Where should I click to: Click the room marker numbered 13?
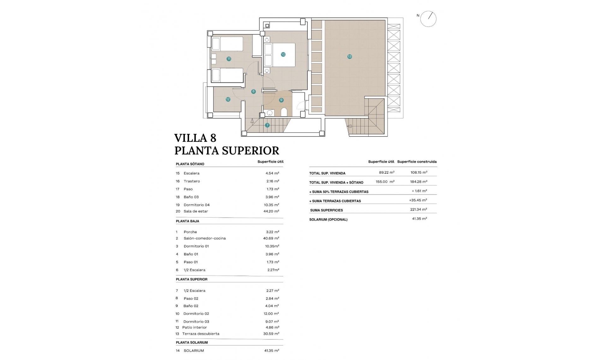[349, 57]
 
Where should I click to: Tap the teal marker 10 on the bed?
[283, 54]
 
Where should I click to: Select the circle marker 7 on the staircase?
[267, 125]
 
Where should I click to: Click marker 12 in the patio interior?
[228, 99]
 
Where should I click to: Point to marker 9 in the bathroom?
[281, 100]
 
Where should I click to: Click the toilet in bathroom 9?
[284, 112]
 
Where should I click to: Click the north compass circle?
[428, 19]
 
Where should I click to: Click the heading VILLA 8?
[195, 138]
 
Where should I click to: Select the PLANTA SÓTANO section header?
[190, 164]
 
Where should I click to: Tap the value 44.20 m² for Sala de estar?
[271, 211]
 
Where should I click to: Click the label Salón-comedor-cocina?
[205, 238]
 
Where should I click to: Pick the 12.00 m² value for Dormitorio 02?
[271, 314]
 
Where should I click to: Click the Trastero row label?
[192, 181]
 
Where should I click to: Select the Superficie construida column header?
[417, 162]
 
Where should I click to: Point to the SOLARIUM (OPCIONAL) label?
[328, 219]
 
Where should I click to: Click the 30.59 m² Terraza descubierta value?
[271, 334]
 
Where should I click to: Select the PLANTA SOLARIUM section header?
[192, 343]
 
